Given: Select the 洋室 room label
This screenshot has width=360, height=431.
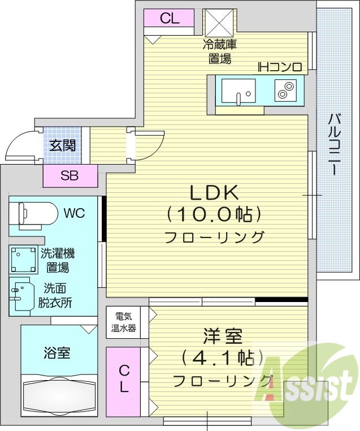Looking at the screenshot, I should [x=223, y=337].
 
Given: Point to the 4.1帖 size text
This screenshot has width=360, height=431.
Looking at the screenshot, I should [x=223, y=357].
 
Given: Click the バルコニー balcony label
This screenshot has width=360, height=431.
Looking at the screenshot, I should [x=334, y=145].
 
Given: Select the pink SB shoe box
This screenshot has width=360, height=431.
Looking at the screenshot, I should [x=70, y=176].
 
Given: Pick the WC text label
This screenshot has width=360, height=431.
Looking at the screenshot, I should [x=74, y=213].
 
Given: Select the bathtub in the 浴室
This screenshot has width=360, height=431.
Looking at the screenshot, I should [x=59, y=394].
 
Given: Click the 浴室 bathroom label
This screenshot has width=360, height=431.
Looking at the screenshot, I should [x=57, y=354].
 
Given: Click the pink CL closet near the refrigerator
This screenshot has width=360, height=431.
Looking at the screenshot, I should [x=169, y=18].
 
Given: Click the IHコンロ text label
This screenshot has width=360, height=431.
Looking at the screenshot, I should [x=280, y=67].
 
